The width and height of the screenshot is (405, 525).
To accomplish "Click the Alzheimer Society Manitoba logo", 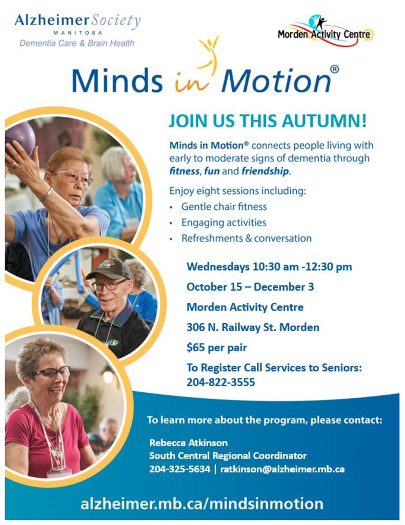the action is [77, 30].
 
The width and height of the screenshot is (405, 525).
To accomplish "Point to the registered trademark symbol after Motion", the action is [334, 69].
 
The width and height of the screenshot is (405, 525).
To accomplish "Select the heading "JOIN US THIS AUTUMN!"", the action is [268, 121].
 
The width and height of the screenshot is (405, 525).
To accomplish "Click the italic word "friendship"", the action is [265, 171].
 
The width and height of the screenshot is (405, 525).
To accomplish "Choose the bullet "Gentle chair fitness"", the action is [224, 207].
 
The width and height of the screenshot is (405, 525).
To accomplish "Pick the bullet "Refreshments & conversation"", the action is [247, 238].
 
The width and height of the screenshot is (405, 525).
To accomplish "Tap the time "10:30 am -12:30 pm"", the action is [302, 267].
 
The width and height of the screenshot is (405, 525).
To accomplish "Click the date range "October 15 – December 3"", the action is [250, 287].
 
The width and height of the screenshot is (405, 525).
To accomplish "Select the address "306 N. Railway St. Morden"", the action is [253, 327].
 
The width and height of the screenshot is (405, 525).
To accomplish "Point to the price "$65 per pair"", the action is [216, 348].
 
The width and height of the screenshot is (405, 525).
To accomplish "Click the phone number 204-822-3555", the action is [221, 382].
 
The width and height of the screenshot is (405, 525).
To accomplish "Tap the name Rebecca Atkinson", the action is [188, 442].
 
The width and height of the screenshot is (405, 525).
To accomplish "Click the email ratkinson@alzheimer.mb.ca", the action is [282, 469].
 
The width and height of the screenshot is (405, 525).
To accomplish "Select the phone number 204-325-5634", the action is [180, 469].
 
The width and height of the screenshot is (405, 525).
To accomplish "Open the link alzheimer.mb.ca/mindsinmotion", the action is [202, 503].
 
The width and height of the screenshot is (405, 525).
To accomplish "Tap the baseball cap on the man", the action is [108, 269].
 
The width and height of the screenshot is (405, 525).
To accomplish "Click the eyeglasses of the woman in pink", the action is [53, 372].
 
